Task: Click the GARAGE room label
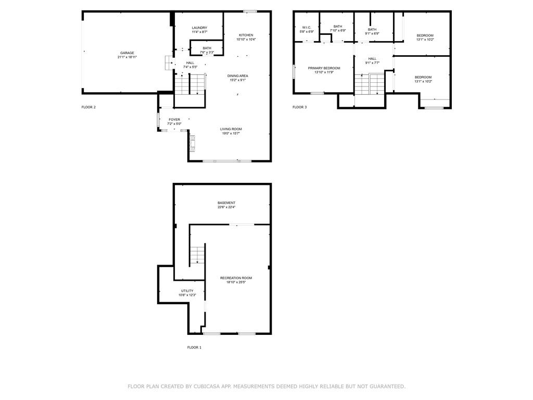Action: point(127,53)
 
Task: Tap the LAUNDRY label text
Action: point(199,28)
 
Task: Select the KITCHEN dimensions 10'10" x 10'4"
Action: point(246,40)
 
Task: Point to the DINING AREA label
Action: point(237,76)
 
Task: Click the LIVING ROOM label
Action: point(231,129)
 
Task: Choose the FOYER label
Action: point(174,119)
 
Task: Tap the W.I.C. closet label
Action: point(307,27)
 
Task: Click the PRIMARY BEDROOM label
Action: point(324,68)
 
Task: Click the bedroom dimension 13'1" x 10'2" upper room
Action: point(425,40)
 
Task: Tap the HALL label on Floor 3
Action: point(372,58)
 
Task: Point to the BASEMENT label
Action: point(226,203)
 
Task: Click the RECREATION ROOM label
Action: point(236,278)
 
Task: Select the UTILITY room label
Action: point(187,291)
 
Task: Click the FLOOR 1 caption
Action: point(194,347)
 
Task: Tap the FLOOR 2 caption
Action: point(88,107)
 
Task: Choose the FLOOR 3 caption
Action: point(299,107)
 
